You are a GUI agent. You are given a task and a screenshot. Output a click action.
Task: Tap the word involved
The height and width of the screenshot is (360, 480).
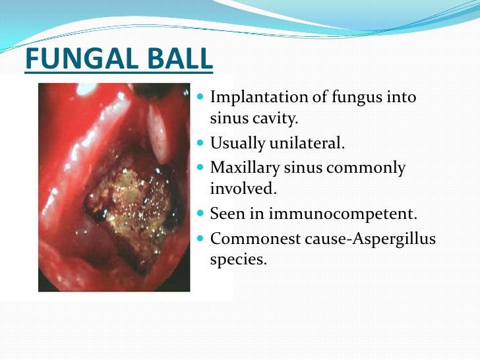point(242,189)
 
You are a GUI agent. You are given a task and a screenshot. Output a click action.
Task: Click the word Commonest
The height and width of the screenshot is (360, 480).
point(256,237)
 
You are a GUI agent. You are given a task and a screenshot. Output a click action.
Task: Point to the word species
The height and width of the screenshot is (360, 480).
point(237,259)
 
